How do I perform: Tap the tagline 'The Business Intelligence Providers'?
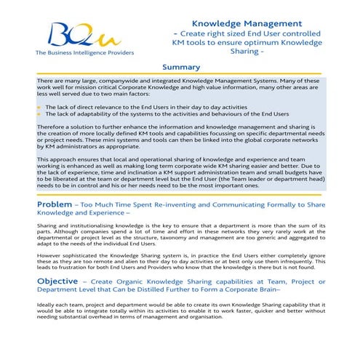[x=72, y=52]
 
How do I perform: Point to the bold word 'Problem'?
[x=55, y=205]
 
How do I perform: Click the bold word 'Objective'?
[x=57, y=281]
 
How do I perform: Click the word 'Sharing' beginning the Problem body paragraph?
[x=48, y=226]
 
